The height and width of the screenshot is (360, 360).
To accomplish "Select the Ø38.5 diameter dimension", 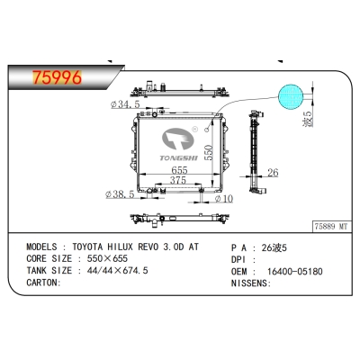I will click(121, 193).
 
